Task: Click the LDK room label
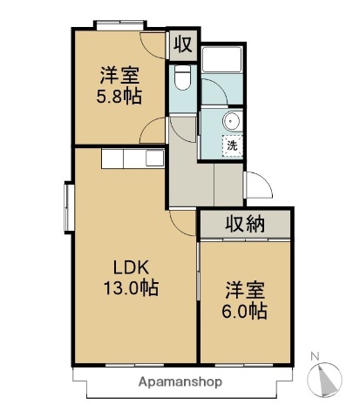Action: click(125, 268)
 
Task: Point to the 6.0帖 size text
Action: click(244, 310)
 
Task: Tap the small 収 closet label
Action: click(181, 44)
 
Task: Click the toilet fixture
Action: click(182, 81)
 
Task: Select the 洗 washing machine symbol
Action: click(233, 146)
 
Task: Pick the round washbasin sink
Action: click(231, 121)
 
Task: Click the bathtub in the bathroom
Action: click(226, 60)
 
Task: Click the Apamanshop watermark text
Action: click(179, 381)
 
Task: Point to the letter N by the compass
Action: click(316, 354)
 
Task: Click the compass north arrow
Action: click(329, 379)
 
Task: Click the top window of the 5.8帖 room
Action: click(119, 24)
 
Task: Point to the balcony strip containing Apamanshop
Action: click(179, 381)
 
